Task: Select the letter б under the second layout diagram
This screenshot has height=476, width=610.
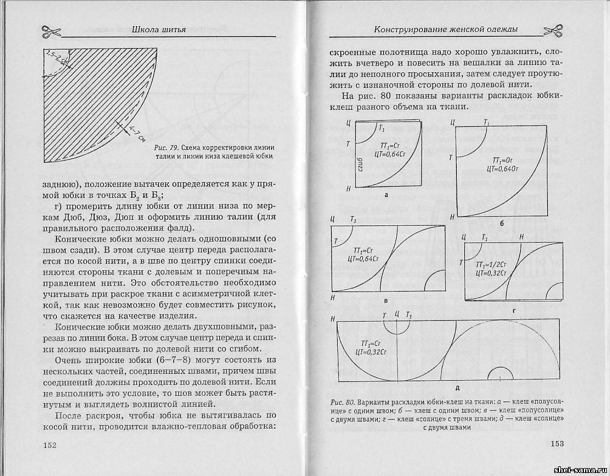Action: pos(502,223)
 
